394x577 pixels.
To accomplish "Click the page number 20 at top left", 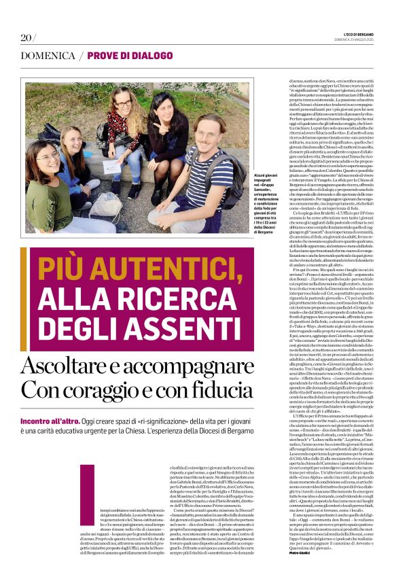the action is (x=27, y=37).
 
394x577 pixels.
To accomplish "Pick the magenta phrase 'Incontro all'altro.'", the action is (x=51, y=420).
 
